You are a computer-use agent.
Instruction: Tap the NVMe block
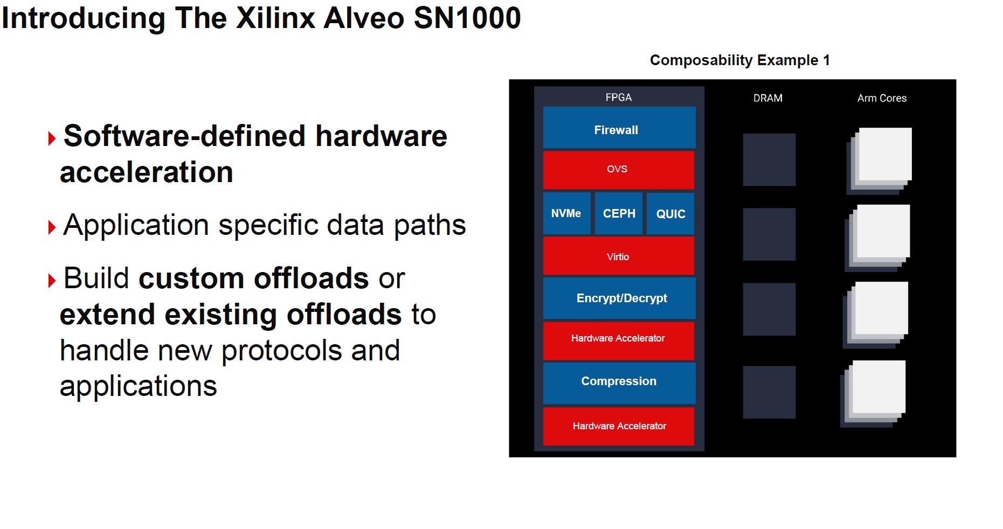tap(566, 214)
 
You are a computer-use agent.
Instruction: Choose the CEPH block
tap(619, 214)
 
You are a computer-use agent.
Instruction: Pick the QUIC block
tap(670, 214)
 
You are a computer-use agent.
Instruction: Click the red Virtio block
tap(618, 256)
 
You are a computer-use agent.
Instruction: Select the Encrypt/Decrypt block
tap(619, 298)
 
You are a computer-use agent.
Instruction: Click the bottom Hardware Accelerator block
tap(618, 426)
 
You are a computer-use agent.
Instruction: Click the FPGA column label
tap(618, 98)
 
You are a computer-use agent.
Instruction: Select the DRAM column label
tap(767, 98)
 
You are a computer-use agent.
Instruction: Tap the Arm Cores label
tap(882, 98)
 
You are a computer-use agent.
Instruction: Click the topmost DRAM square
tap(769, 160)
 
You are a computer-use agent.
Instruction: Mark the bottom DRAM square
tap(769, 392)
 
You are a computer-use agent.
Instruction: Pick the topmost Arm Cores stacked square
tap(884, 155)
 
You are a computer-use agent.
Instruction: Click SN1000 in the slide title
tap(467, 18)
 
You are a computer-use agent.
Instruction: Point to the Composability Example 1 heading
tap(739, 60)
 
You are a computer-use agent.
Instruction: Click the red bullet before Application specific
tap(52, 227)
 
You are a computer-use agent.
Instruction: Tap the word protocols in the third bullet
tap(281, 351)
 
